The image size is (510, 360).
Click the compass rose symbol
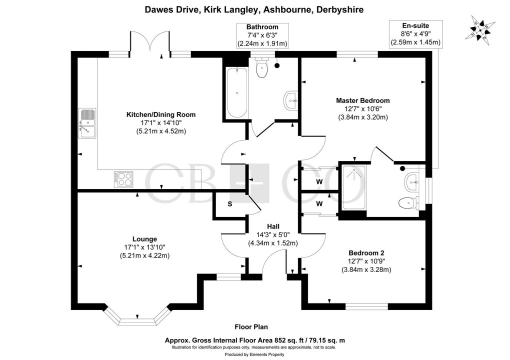(x=480, y=28)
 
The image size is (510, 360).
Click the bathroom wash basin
(x=290, y=100)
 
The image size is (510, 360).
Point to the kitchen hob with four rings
(x=123, y=179)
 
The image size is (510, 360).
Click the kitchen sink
(x=87, y=123)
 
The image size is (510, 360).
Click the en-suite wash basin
(x=414, y=180)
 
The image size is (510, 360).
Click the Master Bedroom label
(x=362, y=100)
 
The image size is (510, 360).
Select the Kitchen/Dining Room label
(x=160, y=114)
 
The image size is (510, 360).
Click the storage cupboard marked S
(x=230, y=204)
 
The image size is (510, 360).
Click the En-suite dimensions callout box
(x=415, y=34)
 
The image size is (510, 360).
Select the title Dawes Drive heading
(x=254, y=9)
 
